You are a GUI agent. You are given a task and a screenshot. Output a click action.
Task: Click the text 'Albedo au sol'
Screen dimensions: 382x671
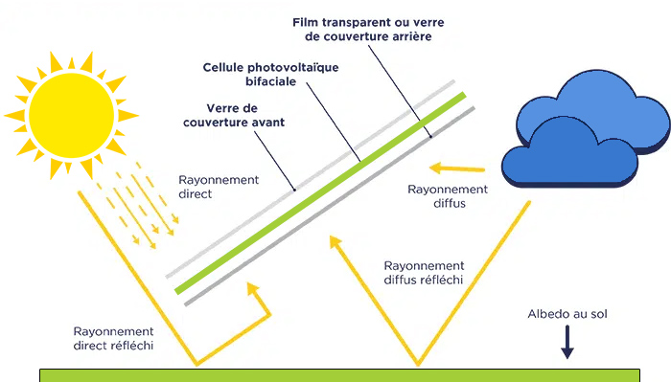(x=567, y=314)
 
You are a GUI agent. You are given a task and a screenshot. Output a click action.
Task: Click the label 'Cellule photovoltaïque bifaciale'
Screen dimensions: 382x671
(x=271, y=77)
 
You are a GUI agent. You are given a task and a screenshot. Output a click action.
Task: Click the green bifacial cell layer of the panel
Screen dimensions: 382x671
(x=316, y=192)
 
